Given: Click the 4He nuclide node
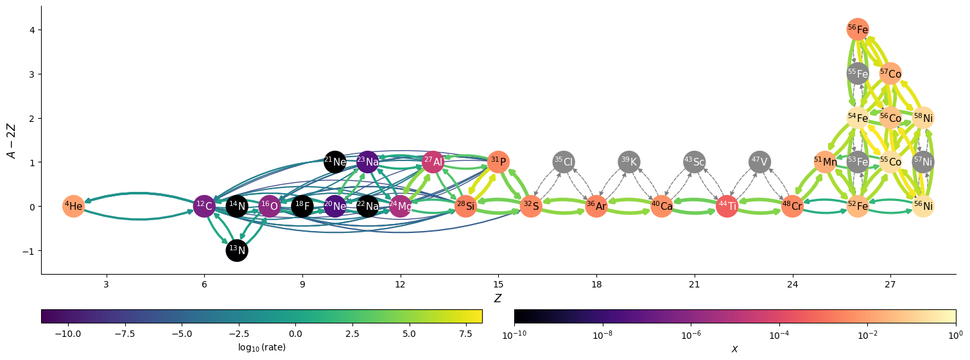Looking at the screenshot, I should (x=74, y=206).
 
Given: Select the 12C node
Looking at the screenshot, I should (x=204, y=206).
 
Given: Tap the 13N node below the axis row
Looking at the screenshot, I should (x=237, y=250).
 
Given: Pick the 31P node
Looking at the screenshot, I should (x=498, y=162).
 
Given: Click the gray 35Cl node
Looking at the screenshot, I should (x=564, y=162).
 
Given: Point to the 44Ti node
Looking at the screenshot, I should (x=727, y=206).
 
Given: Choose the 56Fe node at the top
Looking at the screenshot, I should (x=858, y=30).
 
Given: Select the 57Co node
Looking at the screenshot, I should (x=890, y=74).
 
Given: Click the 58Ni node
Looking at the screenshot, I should (x=923, y=117).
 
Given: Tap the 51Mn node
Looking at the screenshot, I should (x=825, y=162).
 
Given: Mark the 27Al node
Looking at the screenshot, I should (x=433, y=162).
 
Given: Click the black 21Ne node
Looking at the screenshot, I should (x=335, y=162).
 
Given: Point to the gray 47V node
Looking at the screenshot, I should (x=759, y=162).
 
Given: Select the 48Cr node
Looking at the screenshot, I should (x=792, y=206).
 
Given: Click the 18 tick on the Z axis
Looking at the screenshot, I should (x=596, y=284).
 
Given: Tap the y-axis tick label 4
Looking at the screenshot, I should (x=30, y=30).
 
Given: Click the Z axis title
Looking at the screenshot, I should (x=498, y=298).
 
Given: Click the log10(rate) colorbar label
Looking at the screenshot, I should (x=261, y=347).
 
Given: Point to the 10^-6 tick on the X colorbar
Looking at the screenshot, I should (x=691, y=335).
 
